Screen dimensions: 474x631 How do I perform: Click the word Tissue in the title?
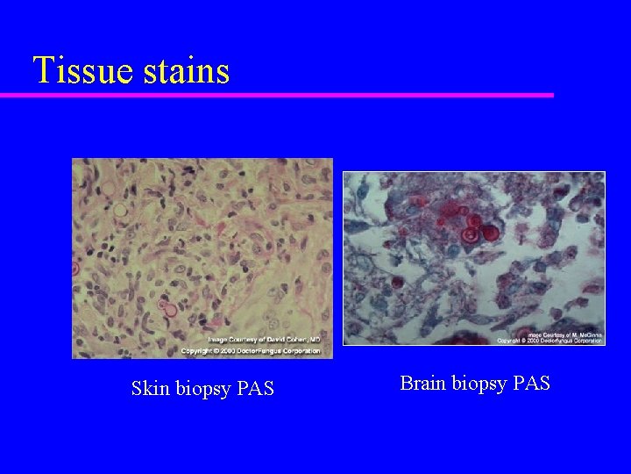80,70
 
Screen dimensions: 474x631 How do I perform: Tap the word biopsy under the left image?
203,388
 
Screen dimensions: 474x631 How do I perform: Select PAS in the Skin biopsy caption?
256,387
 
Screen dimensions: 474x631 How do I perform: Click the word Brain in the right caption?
422,383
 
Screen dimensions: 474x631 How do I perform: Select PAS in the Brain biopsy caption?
530,383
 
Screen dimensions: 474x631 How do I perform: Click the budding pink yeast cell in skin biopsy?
167,309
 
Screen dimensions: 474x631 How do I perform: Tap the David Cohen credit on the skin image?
264,340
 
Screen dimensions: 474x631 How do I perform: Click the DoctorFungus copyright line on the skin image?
251,350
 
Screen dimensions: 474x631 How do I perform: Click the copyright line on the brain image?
550,340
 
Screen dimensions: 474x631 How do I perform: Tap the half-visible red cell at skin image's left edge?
75,267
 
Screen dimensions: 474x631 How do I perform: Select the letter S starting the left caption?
137,387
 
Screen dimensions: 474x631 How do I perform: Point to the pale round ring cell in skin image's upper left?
119,211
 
